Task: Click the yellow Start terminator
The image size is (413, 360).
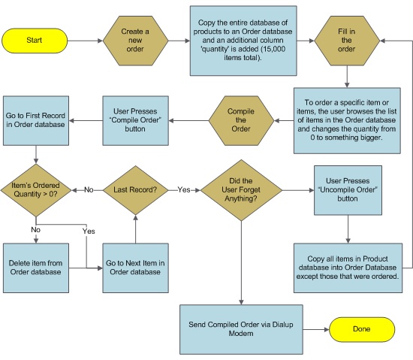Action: (x=35, y=41)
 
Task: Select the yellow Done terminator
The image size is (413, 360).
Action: (x=362, y=329)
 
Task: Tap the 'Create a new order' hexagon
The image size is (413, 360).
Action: (x=135, y=41)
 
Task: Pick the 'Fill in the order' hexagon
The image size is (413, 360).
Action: (x=347, y=41)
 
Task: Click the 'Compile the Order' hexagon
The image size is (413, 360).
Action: (x=241, y=120)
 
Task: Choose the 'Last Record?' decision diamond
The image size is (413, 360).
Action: (x=135, y=190)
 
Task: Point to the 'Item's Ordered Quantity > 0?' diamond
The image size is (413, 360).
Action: (x=36, y=190)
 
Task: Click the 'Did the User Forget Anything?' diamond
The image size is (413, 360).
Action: (x=241, y=190)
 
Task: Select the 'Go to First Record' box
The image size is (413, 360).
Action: (x=36, y=120)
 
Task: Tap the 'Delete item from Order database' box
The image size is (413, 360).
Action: (x=36, y=268)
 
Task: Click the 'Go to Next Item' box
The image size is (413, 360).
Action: (x=135, y=268)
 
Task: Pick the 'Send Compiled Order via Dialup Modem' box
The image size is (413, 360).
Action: (x=241, y=329)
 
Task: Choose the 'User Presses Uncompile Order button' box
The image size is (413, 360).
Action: (x=348, y=190)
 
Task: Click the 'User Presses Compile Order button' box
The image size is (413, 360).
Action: (x=135, y=120)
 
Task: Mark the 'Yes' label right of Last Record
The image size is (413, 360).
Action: (x=184, y=189)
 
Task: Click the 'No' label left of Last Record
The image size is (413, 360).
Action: (x=89, y=189)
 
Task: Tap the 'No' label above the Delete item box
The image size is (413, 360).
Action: (x=36, y=230)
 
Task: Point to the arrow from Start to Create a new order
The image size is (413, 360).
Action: (x=85, y=41)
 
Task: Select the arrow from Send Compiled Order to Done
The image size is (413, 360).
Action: (x=316, y=329)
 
